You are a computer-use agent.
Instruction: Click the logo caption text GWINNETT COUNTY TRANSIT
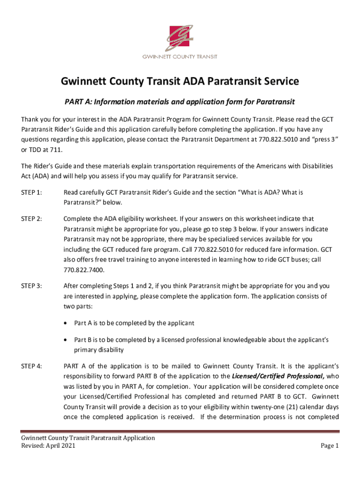(x=180, y=57)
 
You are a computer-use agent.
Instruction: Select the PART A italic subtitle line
(x=180, y=102)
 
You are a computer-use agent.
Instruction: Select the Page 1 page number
(x=329, y=446)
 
